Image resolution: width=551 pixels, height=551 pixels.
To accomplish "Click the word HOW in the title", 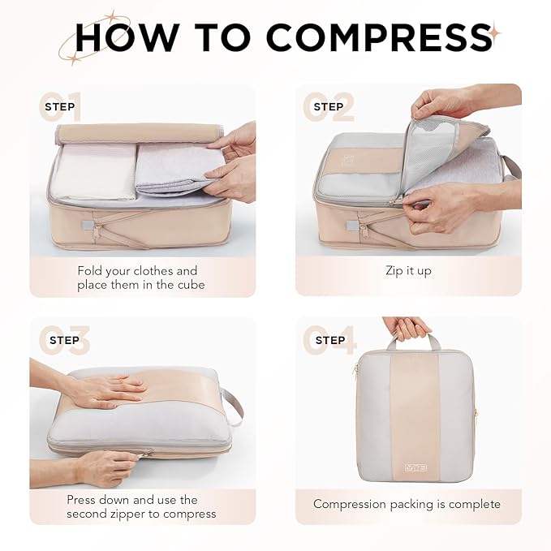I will tap(130, 37).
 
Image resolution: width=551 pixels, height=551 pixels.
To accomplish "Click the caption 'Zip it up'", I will tap(408, 271).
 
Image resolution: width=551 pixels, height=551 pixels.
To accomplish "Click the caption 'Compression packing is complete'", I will tap(407, 504).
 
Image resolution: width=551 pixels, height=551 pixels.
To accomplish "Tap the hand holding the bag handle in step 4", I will tap(407, 328).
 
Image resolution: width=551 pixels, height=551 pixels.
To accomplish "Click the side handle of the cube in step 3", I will tap(233, 403).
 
